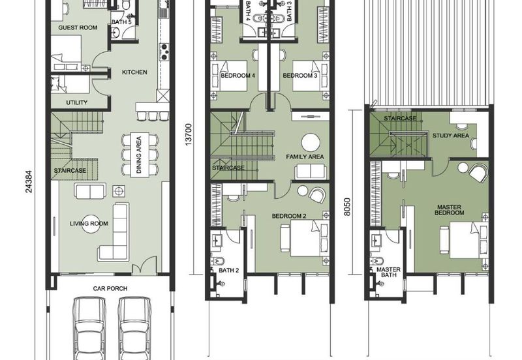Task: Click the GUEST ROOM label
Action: [x=78, y=27]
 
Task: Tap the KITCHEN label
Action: [x=134, y=72]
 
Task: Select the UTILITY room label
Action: [x=76, y=102]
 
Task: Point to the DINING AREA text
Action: [x=139, y=155]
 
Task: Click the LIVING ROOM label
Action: [x=89, y=223]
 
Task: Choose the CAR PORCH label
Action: [x=110, y=288]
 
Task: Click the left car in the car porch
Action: [x=89, y=328]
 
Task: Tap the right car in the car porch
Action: [x=135, y=328]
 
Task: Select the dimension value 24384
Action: [x=29, y=182]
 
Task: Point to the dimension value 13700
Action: [x=189, y=135]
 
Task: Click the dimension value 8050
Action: [x=347, y=207]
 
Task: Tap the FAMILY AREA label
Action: [x=305, y=157]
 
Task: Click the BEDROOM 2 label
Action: [x=289, y=217]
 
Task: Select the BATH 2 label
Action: [x=229, y=271]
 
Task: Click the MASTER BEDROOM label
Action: [x=449, y=209]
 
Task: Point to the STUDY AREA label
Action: [x=451, y=136]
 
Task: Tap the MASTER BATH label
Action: [x=388, y=272]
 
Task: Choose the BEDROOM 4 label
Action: [x=238, y=76]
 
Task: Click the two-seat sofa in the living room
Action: [x=91, y=191]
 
